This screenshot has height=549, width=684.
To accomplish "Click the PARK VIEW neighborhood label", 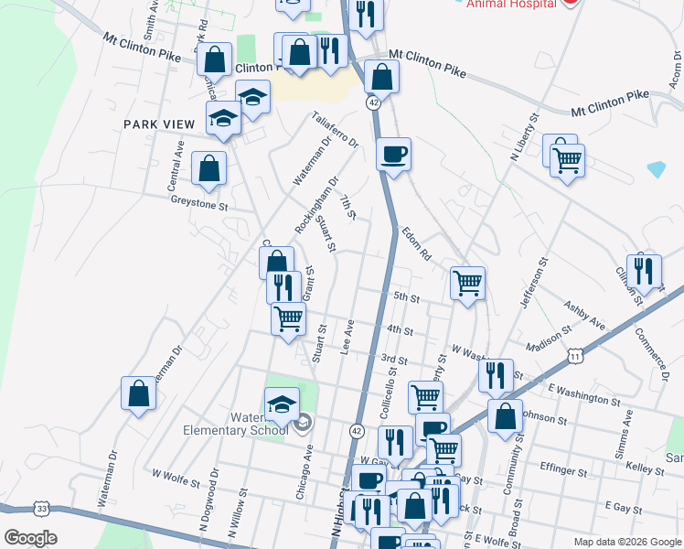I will (x=160, y=124).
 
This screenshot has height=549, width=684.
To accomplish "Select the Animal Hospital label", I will (x=510, y=3).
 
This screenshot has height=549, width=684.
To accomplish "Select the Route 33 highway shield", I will (x=41, y=508).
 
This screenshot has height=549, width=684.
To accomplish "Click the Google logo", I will (x=30, y=538).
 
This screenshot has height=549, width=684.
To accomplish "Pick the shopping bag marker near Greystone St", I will (x=209, y=168).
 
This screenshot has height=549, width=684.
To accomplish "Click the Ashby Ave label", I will (x=584, y=316).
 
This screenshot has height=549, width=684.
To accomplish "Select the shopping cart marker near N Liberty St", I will (x=567, y=161).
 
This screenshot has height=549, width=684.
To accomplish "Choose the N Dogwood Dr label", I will (x=209, y=499).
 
